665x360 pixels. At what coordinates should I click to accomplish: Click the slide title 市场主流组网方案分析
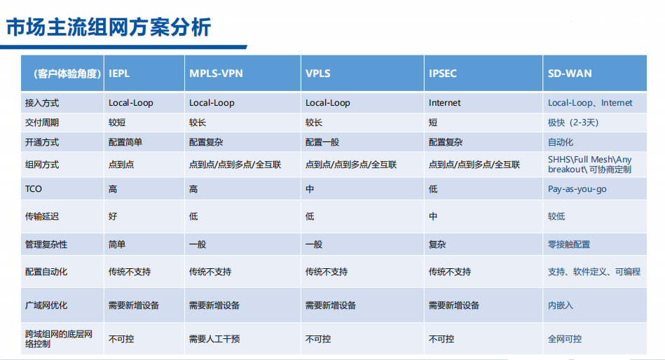tap(108, 27)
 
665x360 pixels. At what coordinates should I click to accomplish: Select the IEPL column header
tap(119, 74)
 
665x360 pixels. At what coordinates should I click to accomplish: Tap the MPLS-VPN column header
tap(216, 74)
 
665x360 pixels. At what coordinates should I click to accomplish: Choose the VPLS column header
tap(317, 74)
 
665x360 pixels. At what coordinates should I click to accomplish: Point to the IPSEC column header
tap(442, 74)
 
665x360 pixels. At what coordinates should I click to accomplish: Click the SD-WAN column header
tap(570, 74)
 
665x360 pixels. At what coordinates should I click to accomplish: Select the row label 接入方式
tap(42, 103)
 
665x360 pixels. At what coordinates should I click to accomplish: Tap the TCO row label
tap(34, 189)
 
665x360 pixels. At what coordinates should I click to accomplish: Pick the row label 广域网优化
tap(46, 305)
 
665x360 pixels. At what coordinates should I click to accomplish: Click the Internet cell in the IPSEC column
tap(444, 103)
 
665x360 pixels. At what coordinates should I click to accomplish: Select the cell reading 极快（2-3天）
tap(573, 123)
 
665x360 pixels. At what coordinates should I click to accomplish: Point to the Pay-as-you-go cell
tap(577, 189)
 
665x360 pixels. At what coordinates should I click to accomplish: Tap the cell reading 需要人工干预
tap(214, 339)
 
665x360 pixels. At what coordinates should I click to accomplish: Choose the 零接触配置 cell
tap(569, 244)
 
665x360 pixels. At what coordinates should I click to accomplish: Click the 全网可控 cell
tap(565, 339)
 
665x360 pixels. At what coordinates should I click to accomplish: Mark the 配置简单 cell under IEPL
tap(125, 142)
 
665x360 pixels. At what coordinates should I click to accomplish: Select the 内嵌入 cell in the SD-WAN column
tap(561, 305)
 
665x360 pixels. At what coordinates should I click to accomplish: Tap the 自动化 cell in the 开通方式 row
tap(561, 142)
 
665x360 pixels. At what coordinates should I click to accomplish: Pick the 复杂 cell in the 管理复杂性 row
tap(437, 244)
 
